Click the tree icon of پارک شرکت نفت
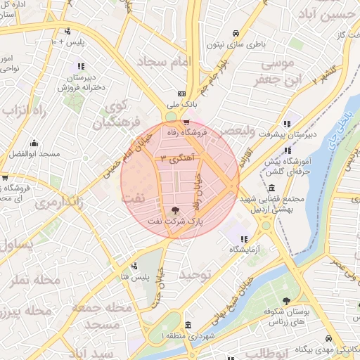coord(176,210)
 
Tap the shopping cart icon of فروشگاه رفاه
coord(186,122)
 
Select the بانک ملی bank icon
coord(182,94)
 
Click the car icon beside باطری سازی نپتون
coord(236,32)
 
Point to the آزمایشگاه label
coord(244,250)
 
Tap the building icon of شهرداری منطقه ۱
coord(188,326)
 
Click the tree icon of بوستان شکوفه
coord(285,300)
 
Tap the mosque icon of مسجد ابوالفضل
coord(33,143)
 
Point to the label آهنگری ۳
coord(179,158)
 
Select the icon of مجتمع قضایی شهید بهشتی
coord(271,188)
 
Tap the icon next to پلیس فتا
coord(134,266)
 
